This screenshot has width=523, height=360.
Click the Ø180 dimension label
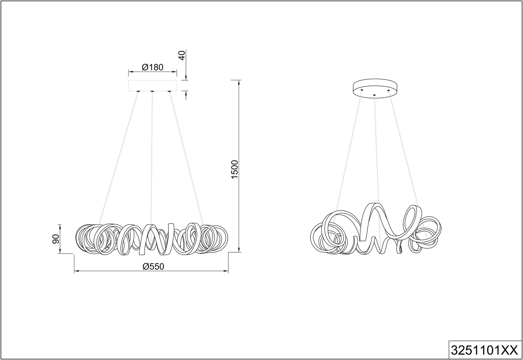[153, 67]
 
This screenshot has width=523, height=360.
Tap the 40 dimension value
[183, 56]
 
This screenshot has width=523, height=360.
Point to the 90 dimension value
[56, 239]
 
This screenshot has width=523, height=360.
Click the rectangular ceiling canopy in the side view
[153, 86]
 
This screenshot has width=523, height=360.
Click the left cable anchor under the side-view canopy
[138, 91]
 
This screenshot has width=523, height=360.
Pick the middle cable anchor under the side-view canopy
[152, 91]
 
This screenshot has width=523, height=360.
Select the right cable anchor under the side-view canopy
[169, 91]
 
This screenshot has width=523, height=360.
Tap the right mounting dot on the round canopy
[389, 89]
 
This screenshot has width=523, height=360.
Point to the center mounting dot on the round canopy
[374, 95]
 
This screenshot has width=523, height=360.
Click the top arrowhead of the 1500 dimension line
[239, 82]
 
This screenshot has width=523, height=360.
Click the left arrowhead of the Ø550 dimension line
[76, 271]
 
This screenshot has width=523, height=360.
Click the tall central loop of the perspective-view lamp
[374, 218]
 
